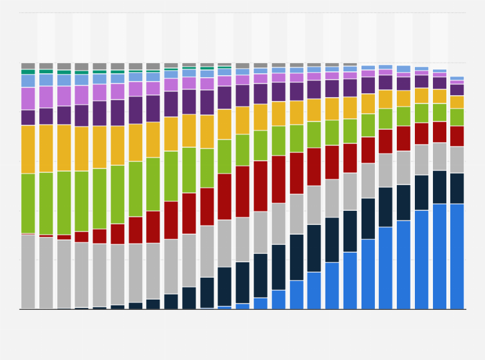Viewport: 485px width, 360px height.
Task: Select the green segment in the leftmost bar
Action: pos(28,203)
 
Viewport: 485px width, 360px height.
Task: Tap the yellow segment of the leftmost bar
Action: pos(28,149)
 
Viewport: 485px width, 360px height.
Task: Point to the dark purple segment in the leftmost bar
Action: pos(28,118)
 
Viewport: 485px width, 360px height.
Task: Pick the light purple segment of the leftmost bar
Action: pos(28,98)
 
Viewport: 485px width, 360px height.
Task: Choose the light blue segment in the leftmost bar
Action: pos(28,81)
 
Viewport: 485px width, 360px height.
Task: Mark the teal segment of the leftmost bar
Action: pos(28,71)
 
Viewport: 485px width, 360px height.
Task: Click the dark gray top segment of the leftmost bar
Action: pos(28,66)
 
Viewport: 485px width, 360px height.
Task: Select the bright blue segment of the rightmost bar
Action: pos(457,256)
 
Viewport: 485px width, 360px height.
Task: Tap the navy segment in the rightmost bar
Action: pos(457,188)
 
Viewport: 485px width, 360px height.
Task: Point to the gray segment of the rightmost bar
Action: pos(457,159)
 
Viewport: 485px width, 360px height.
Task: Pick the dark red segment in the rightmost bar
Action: pos(457,136)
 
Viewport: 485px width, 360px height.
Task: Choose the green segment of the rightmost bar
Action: pos(457,117)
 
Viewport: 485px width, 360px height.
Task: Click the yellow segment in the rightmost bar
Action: pos(457,102)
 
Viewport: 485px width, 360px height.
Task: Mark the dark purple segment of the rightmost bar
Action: pos(457,90)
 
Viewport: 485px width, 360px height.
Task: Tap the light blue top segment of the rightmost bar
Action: pos(457,78)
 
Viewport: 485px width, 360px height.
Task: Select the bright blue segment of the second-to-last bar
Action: pos(439,256)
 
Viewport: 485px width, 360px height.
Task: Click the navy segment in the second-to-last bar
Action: pos(439,187)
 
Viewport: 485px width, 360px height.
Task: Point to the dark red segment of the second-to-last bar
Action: pos(439,132)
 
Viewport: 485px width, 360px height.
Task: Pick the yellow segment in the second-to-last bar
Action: pos(439,96)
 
